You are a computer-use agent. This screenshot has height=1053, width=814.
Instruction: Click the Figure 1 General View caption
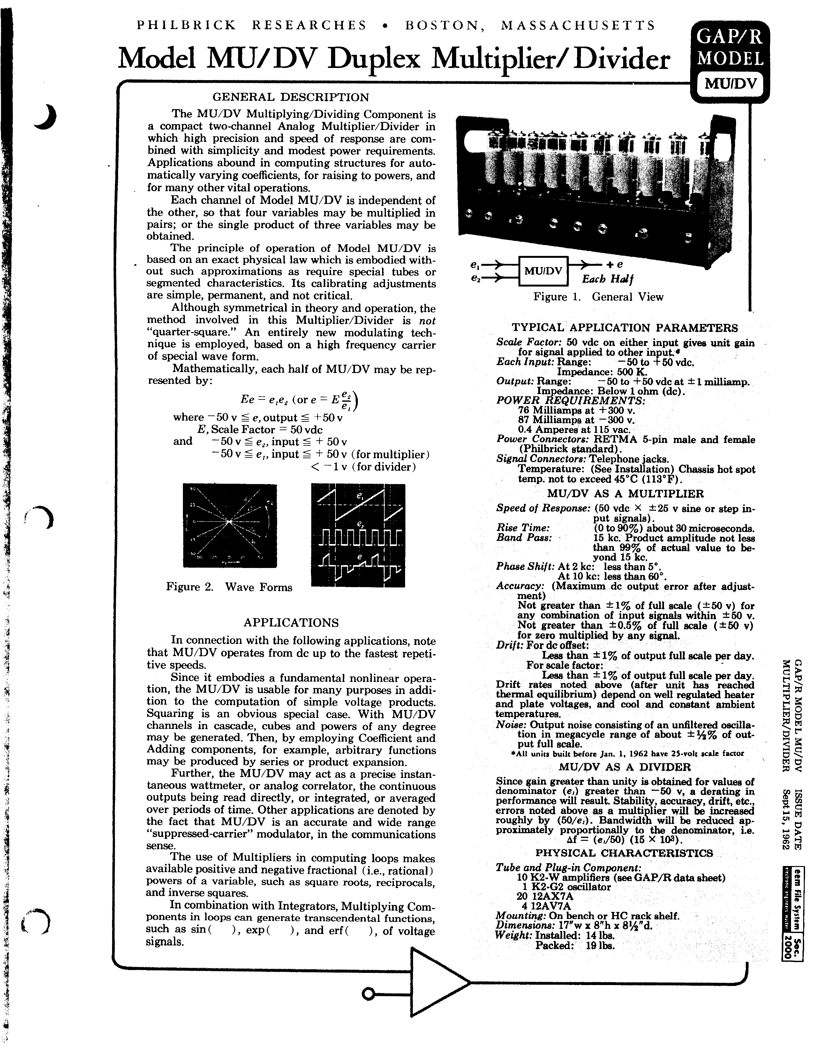pos(598,297)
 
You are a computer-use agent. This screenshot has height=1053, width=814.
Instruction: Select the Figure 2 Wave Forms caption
pos(229,587)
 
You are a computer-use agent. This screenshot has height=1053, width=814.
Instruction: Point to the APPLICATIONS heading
pos(291,623)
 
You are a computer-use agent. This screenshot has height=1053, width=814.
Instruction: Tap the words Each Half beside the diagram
pos(607,279)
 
